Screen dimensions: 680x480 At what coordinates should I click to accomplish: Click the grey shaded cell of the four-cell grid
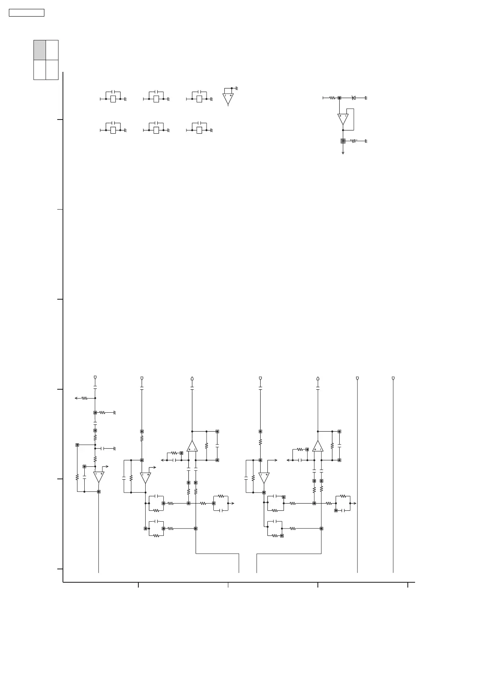[40, 50]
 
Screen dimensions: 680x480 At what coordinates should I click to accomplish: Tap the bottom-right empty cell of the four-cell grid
[52, 70]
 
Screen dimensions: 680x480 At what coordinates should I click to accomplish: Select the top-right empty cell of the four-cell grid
[52, 50]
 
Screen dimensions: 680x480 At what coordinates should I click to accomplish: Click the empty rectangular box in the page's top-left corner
[27, 13]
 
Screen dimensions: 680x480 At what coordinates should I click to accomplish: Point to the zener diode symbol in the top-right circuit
[353, 98]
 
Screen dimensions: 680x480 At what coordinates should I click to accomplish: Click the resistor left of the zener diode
[332, 98]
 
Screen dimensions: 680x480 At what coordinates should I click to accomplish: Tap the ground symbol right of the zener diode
[366, 98]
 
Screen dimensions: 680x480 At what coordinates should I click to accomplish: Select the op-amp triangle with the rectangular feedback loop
[343, 118]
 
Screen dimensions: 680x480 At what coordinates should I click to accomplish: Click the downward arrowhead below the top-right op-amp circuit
[343, 153]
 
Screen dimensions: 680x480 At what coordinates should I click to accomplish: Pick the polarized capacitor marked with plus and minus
[354, 141]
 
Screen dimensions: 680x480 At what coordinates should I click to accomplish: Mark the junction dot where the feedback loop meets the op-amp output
[343, 130]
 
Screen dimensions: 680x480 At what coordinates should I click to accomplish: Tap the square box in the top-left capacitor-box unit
[113, 99]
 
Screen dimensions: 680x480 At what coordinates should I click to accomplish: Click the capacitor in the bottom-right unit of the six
[199, 123]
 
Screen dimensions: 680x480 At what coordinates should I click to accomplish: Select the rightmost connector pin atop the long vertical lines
[393, 378]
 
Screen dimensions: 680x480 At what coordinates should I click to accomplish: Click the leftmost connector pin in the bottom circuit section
[95, 378]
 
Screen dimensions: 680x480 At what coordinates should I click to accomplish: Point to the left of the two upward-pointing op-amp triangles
[192, 447]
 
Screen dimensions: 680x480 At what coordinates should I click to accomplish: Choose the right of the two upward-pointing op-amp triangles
[318, 447]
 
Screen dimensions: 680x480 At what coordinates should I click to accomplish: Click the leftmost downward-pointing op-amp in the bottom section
[99, 476]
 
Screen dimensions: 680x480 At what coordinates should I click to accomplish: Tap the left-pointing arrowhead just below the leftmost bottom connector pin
[76, 398]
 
